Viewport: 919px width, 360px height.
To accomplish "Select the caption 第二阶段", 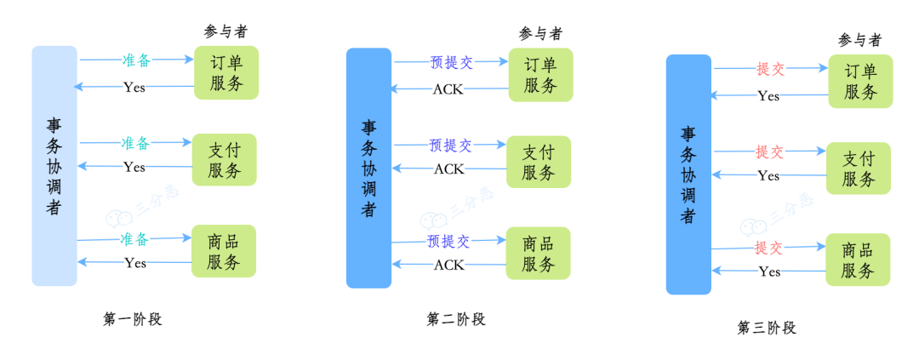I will click(x=455, y=319).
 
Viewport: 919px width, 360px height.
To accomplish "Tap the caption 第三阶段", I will click(x=767, y=328).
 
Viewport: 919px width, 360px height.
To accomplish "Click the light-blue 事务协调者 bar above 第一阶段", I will click(x=54, y=166).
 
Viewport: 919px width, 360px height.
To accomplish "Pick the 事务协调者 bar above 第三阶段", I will click(x=688, y=174).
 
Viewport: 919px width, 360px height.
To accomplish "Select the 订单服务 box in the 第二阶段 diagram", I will click(x=540, y=75).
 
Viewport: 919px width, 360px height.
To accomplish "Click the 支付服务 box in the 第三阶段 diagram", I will click(x=859, y=169).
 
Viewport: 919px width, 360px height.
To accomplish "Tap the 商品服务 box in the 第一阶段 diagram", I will click(x=224, y=251).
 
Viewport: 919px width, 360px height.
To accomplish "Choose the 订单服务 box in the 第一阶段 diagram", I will click(x=225, y=72).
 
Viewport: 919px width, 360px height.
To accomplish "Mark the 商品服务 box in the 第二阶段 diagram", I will click(x=539, y=254).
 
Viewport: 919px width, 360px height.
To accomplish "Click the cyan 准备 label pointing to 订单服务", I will click(x=136, y=60).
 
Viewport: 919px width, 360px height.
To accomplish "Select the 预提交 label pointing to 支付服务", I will click(x=450, y=145).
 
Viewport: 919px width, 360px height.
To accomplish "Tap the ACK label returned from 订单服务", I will click(x=448, y=89).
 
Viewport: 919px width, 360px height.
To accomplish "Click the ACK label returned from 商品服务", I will click(x=448, y=265).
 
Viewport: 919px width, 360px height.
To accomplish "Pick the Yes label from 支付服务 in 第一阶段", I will click(x=134, y=167).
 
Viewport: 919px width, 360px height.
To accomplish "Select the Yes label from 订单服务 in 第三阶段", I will click(x=768, y=96).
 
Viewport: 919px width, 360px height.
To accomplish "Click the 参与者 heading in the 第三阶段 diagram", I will click(x=859, y=40).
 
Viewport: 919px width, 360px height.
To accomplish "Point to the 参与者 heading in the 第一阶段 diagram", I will click(x=225, y=31).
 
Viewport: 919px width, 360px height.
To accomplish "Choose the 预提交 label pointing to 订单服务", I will click(x=451, y=62).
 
